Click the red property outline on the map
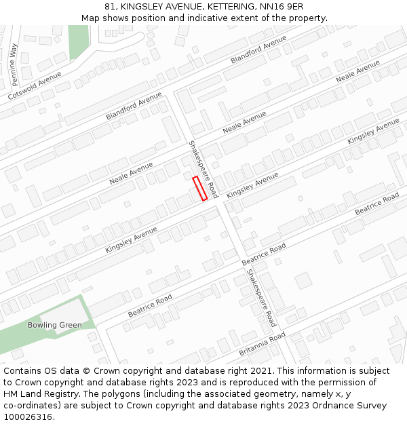point(199,189)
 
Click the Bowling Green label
point(54,325)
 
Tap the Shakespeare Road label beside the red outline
point(203,169)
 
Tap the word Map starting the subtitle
point(91,18)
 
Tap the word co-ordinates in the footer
point(31,406)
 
